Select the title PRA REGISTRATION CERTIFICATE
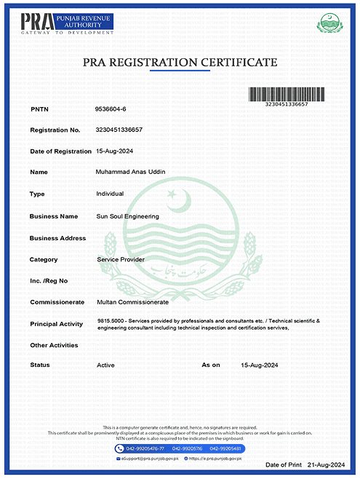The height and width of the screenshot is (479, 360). tap(180, 63)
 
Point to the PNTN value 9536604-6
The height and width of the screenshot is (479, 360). tap(111, 108)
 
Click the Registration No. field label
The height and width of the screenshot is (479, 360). tap(55, 130)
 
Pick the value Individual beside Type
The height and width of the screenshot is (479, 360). tap(110, 194)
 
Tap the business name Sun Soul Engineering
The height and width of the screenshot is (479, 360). tap(127, 216)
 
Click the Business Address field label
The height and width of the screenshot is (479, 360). tap(57, 238)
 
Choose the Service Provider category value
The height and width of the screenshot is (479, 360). tap(121, 259)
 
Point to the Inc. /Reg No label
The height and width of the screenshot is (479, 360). tap(49, 280)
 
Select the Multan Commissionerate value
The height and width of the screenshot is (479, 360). tap(132, 301)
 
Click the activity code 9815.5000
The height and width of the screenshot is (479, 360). tap(111, 320)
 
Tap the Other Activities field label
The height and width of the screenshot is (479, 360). tap(54, 344)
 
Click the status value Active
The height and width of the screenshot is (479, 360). tap(105, 365)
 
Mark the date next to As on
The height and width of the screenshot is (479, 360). tap(260, 365)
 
